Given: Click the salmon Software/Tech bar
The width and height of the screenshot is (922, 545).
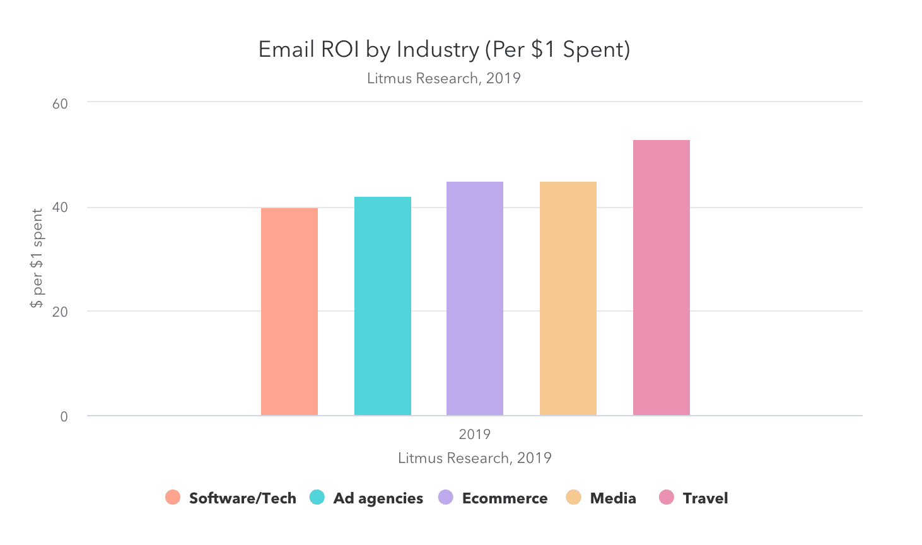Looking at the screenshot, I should click(x=289, y=312).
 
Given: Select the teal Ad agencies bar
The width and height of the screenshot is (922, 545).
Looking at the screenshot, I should click(x=383, y=306).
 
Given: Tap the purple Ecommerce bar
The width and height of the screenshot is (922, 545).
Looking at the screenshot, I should click(x=475, y=298).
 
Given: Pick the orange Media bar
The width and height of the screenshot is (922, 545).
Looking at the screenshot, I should click(x=568, y=298).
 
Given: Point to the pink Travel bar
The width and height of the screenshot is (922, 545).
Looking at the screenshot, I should click(x=662, y=278).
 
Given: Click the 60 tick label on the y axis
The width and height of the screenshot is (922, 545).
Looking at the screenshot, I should click(x=60, y=103).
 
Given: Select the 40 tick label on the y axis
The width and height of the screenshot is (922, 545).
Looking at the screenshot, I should click(x=60, y=208).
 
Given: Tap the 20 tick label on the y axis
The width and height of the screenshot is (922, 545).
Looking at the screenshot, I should click(x=60, y=312).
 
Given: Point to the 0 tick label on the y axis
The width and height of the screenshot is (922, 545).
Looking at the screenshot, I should click(x=64, y=416).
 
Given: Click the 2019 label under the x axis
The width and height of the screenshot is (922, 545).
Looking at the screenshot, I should click(x=475, y=434).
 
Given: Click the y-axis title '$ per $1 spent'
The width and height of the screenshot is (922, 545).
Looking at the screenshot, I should click(x=37, y=259).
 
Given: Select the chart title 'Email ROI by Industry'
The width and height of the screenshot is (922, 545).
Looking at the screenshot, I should click(x=444, y=49).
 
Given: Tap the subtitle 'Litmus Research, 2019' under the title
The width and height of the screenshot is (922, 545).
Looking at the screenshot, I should click(x=444, y=78).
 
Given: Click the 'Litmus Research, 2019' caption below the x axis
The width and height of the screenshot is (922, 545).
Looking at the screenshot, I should click(x=475, y=458).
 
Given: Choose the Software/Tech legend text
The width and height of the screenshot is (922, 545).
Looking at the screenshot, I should click(x=243, y=498).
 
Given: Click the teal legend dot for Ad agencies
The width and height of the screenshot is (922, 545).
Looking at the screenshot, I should click(x=317, y=498).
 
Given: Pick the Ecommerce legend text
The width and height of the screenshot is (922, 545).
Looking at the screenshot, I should click(x=505, y=498).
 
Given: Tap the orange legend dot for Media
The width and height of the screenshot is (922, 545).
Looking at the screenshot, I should click(x=573, y=498).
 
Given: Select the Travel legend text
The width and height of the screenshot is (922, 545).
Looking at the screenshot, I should click(x=705, y=498).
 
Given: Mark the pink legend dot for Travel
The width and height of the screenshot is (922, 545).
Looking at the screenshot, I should click(x=667, y=498).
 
